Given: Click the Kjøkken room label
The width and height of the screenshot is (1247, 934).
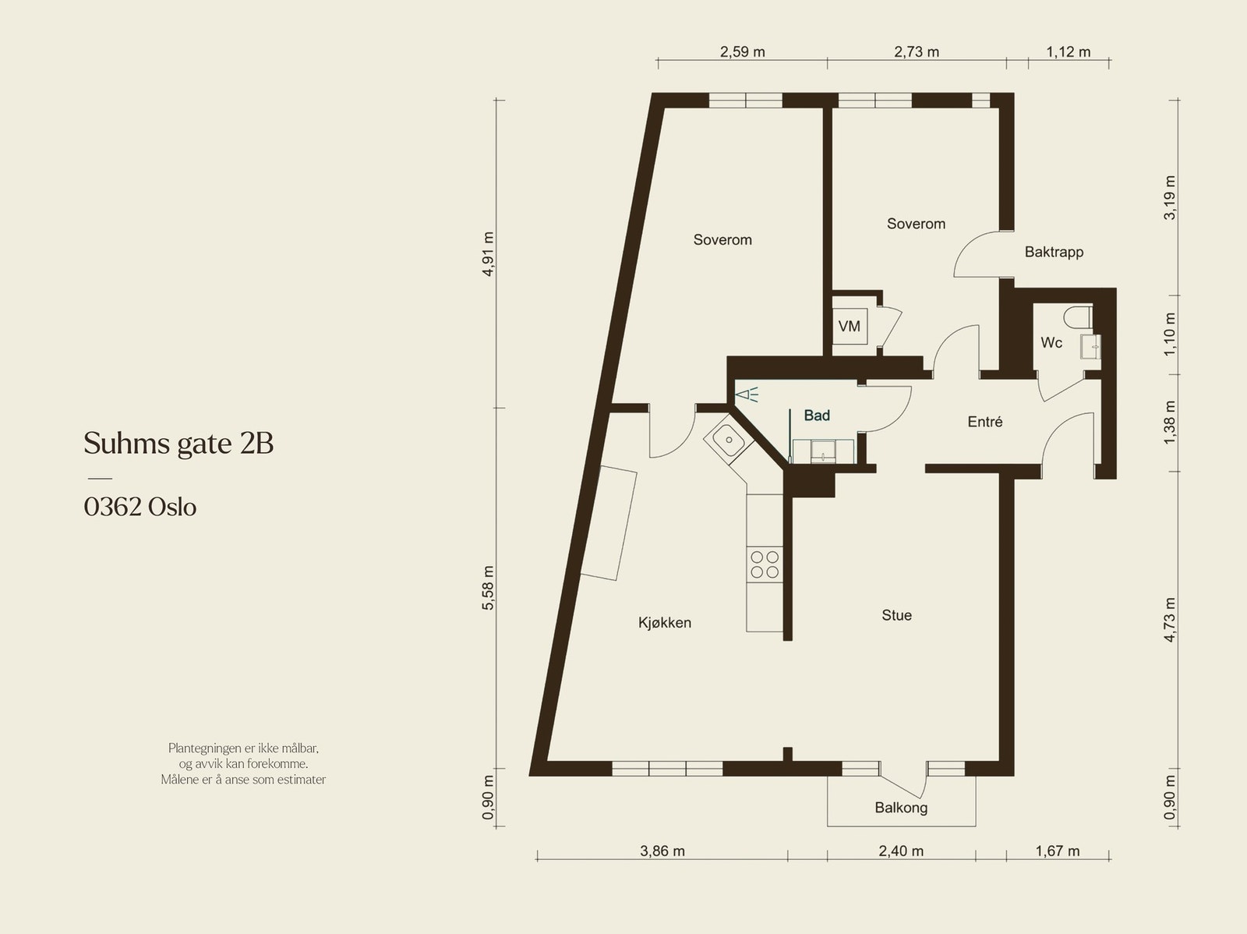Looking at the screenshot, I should pyautogui.click(x=665, y=623).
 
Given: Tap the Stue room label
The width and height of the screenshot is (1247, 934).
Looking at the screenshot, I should pyautogui.click(x=896, y=615).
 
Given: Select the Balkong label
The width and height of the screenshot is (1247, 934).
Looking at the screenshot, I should pyautogui.click(x=901, y=808).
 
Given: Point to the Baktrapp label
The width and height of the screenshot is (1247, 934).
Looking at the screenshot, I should pyautogui.click(x=1054, y=252).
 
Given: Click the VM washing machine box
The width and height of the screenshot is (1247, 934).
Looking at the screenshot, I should pyautogui.click(x=850, y=326).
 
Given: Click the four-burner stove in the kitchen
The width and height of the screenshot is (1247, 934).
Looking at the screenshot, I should pyautogui.click(x=764, y=564).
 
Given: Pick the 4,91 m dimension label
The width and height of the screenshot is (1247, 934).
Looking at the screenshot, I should pyautogui.click(x=488, y=254).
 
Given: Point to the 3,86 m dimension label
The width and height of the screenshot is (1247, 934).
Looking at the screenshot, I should pyautogui.click(x=662, y=851).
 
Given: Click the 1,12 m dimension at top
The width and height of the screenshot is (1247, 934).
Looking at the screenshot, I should pyautogui.click(x=1068, y=52).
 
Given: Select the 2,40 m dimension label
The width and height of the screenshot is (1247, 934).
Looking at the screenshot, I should pyautogui.click(x=901, y=851).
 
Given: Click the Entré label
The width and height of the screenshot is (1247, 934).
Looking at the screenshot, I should pyautogui.click(x=984, y=422).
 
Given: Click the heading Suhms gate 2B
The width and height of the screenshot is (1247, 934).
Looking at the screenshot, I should pyautogui.click(x=178, y=444).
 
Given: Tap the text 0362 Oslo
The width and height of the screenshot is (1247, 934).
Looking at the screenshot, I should pyautogui.click(x=140, y=508).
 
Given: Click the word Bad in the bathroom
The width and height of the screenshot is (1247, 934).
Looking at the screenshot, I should pyautogui.click(x=817, y=416).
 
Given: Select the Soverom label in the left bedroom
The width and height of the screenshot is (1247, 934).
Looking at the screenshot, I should pyautogui.click(x=722, y=240).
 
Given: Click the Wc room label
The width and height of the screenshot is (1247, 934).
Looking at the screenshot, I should pyautogui.click(x=1051, y=343).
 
